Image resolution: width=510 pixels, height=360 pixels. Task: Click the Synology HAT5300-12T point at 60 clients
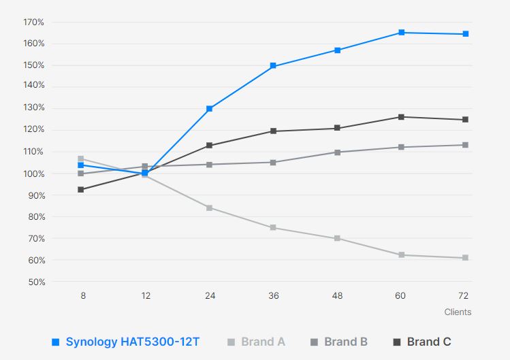401,33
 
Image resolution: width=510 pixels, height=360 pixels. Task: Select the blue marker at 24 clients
209,109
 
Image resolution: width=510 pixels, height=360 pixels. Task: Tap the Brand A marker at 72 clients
465,258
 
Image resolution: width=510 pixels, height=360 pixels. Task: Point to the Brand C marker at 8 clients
81,190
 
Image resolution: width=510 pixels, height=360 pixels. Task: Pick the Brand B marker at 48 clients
337,152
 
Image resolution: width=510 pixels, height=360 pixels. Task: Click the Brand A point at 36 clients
273,228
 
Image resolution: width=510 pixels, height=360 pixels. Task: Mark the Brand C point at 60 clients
401,117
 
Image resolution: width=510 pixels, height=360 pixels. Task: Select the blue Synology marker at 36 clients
273,66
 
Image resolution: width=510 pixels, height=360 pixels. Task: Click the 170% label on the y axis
33,22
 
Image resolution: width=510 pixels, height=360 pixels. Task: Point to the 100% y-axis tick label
33,174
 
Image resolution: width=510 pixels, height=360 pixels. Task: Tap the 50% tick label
35,282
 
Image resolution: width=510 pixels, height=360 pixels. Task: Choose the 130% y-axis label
33,108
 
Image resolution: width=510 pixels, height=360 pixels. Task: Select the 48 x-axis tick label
337,296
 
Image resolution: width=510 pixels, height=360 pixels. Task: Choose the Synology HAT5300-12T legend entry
133,342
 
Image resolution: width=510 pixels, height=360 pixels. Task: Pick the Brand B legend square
314,342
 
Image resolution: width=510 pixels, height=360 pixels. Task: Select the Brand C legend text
429,342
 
